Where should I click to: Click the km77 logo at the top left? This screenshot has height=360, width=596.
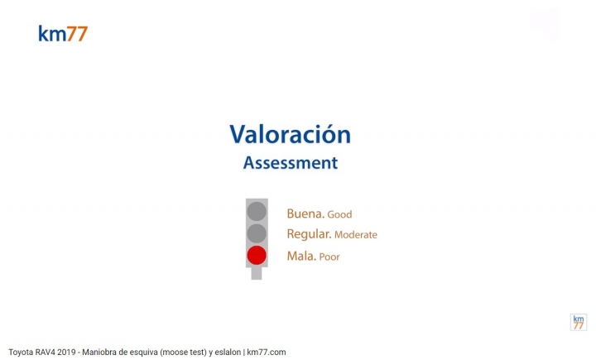[63, 34]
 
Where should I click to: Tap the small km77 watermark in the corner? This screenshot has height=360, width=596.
[579, 323]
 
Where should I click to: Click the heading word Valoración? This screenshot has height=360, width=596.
[290, 134]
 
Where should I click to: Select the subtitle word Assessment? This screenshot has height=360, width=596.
[291, 163]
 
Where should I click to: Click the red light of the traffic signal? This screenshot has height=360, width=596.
[257, 255]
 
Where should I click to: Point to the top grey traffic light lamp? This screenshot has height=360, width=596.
[257, 211]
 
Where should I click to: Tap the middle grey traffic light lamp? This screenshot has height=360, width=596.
[257, 233]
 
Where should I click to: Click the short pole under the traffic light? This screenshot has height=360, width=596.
[257, 273]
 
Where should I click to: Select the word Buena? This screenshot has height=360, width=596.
[305, 214]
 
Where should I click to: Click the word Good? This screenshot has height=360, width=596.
[339, 215]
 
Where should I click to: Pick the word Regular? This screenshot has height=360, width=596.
[309, 234]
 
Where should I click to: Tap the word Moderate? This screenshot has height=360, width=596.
[356, 235]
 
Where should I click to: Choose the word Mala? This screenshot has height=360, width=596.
[301, 257]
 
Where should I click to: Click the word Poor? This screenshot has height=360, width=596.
[329, 257]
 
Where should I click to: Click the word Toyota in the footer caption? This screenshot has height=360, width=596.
[21, 353]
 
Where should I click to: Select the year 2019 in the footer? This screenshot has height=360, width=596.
[66, 353]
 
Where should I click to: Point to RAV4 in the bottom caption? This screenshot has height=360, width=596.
[46, 353]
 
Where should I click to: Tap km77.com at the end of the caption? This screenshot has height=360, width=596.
[267, 353]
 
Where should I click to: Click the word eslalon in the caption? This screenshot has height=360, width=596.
[228, 353]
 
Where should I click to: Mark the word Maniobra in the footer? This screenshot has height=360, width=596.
[98, 353]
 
